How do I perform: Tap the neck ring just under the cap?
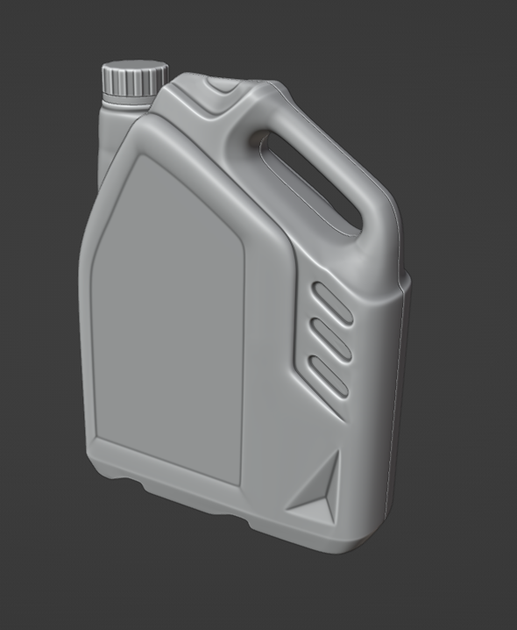(128, 99)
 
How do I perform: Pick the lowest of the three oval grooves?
(329, 376)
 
